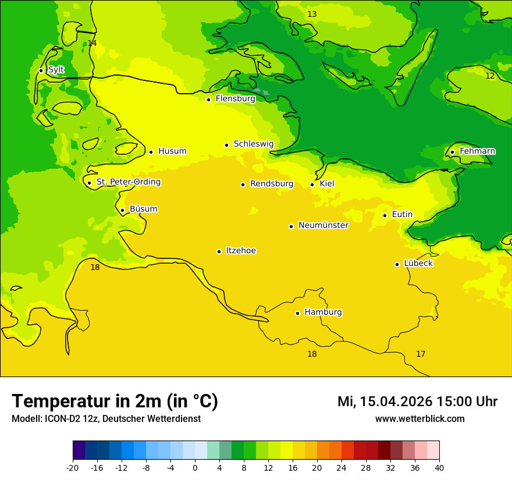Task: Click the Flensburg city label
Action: point(235,99)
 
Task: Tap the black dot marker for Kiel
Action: point(312,184)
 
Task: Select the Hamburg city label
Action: point(323,312)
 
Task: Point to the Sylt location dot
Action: point(41,70)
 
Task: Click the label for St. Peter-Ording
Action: point(128,182)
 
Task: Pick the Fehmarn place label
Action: point(477,151)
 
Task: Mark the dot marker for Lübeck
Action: point(397,264)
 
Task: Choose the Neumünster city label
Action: point(323,226)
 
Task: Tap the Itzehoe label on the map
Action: point(241,251)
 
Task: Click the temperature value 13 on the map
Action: point(312,14)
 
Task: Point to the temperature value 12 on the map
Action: point(490,76)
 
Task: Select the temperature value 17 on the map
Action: point(421,354)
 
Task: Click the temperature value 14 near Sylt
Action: point(92,44)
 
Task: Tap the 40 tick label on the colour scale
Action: point(439,467)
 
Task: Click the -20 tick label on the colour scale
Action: point(73,467)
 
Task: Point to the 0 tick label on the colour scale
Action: point(195,467)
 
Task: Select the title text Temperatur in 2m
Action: point(115,401)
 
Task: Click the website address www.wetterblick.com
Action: point(419,418)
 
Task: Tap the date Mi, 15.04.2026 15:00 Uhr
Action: point(417,402)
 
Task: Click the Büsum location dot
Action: point(122,210)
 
